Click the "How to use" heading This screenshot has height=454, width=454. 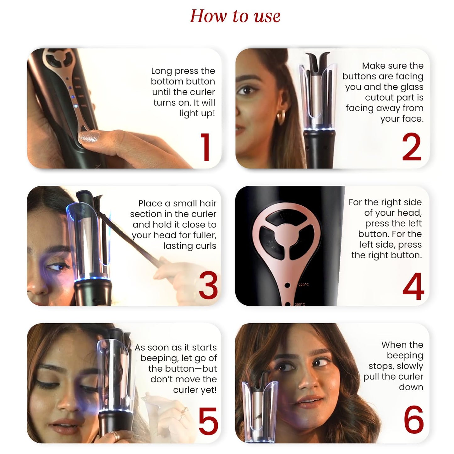point(235,16)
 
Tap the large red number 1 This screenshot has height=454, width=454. point(205,147)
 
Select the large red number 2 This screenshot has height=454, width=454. point(411,147)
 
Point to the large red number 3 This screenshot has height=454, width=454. point(208,286)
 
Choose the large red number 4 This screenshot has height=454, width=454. point(413,286)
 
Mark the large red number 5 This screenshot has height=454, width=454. point(208,421)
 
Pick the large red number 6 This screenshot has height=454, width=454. point(413,420)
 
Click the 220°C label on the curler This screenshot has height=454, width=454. point(304,285)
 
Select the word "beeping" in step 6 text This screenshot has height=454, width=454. point(405,355)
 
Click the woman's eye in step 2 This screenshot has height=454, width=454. point(245,91)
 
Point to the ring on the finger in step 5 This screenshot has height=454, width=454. point(115,436)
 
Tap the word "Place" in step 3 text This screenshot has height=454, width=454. point(150,204)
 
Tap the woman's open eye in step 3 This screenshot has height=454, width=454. point(56,267)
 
